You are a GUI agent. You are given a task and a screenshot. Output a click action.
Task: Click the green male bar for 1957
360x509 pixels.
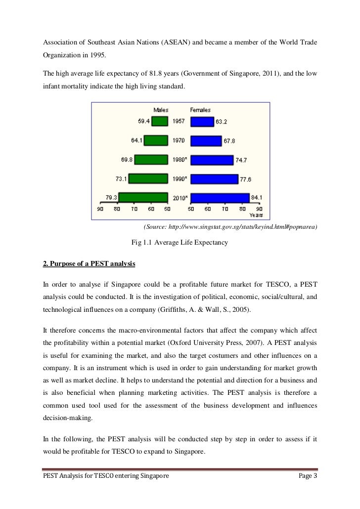tap(159, 121)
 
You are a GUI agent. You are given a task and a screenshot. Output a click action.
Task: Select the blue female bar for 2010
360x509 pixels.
tap(219, 198)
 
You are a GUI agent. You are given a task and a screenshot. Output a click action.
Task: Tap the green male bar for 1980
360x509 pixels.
tap(151, 160)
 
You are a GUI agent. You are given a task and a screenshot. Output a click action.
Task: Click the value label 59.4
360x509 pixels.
tap(144, 121)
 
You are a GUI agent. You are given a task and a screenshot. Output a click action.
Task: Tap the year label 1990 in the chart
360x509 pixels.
tap(179, 179)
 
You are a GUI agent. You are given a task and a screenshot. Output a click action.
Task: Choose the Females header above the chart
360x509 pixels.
tap(200, 110)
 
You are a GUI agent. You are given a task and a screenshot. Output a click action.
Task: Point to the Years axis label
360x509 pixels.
tap(256, 215)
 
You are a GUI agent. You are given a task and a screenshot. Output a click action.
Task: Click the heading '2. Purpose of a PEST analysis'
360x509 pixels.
tap(90, 264)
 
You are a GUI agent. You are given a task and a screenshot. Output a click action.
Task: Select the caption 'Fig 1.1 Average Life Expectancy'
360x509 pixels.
tap(179, 243)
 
